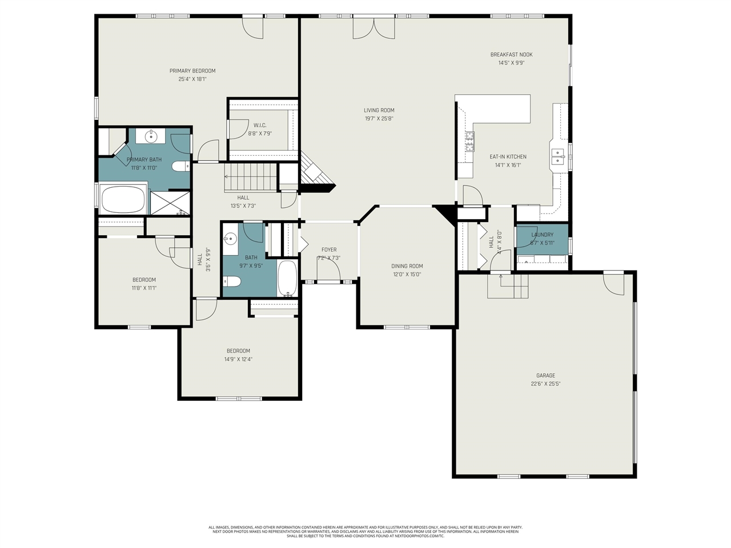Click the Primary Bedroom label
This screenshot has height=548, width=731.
click(192, 71)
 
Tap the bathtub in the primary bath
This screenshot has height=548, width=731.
click(123, 199)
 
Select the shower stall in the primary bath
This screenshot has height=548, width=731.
click(170, 203)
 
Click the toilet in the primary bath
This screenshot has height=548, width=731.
click(180, 167)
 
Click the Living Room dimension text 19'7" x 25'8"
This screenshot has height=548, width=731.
click(379, 119)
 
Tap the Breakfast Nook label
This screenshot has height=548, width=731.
click(511, 55)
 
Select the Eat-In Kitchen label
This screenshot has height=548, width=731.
click(508, 156)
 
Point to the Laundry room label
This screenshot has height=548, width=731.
click(542, 235)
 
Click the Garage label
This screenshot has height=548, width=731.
click(545, 376)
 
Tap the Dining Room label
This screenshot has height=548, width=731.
click(407, 266)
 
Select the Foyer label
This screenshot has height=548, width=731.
click(329, 249)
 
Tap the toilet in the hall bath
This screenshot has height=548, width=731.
click(231, 281)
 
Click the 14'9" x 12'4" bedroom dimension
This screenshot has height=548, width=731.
click(238, 360)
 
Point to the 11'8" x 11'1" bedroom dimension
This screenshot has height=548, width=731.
click(144, 288)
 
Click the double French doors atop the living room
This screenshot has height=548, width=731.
click(373, 27)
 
